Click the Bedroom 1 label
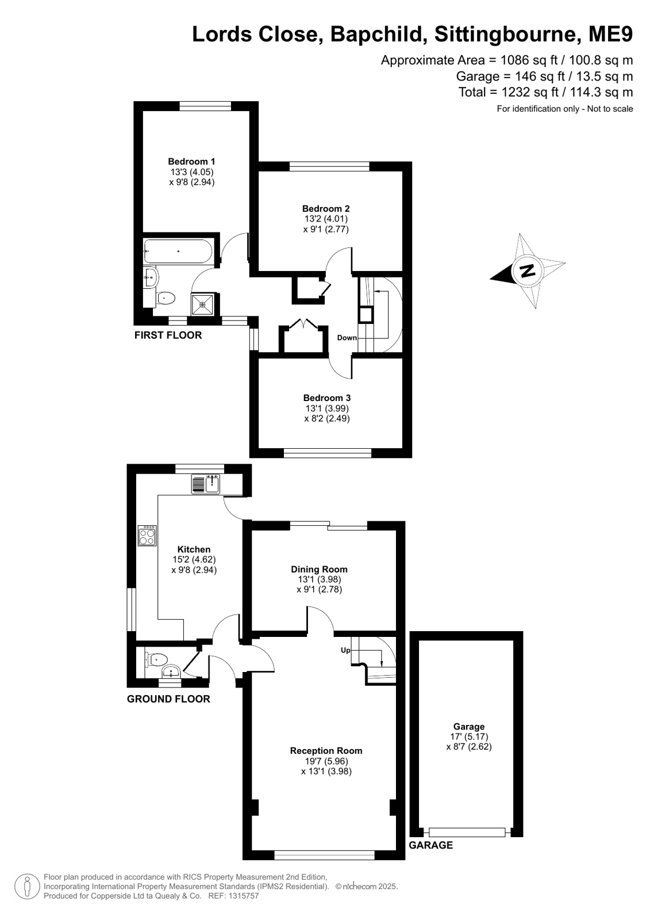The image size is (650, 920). click(x=191, y=162)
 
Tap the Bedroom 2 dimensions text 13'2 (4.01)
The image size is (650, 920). click(x=326, y=219)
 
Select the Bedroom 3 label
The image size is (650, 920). click(x=326, y=398)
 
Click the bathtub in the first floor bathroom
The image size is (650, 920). click(x=178, y=251)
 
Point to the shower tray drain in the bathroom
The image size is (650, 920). click(x=202, y=305)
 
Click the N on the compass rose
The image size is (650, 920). click(x=528, y=270)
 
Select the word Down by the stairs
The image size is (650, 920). click(x=347, y=338)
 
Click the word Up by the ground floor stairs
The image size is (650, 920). click(x=345, y=650)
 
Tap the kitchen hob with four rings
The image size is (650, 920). click(x=147, y=536)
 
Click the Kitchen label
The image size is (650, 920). click(x=194, y=549)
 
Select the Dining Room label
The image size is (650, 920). click(x=320, y=569)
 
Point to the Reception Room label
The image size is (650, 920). click(x=326, y=751)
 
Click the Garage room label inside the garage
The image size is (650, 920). click(x=468, y=727)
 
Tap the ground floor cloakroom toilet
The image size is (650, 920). click(x=156, y=660)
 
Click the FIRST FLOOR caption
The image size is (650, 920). click(x=168, y=335)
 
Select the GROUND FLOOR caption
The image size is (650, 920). click(x=168, y=699)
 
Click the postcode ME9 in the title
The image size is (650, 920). click(x=610, y=34)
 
